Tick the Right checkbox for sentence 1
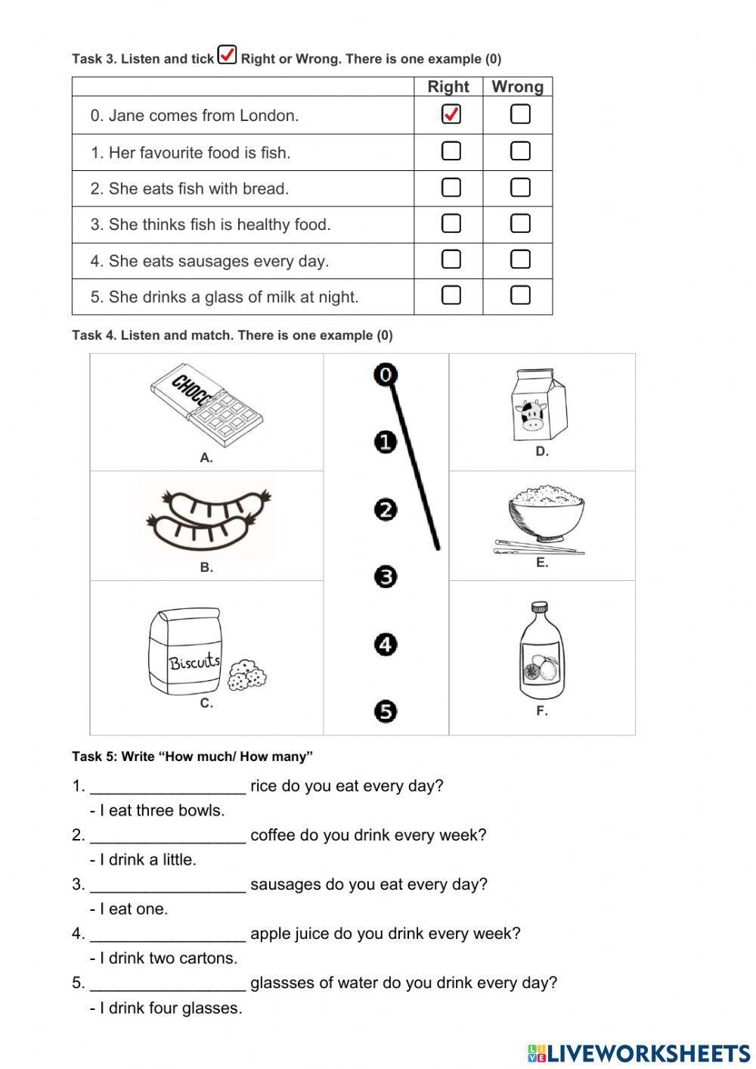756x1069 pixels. click(x=451, y=151)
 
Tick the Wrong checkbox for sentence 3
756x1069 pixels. click(x=520, y=223)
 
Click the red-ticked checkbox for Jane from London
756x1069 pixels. click(x=451, y=114)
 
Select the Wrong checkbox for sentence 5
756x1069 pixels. click(x=520, y=295)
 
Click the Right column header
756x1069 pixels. click(x=448, y=86)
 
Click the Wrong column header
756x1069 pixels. click(x=517, y=86)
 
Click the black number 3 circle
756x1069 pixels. click(x=386, y=577)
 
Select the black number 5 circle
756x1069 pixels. click(x=386, y=711)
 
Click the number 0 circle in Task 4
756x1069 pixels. click(x=386, y=374)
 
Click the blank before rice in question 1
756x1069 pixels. click(x=168, y=786)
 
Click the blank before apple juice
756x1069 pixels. click(x=168, y=934)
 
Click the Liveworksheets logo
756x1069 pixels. click(x=639, y=1052)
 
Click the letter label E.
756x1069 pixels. click(x=542, y=563)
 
